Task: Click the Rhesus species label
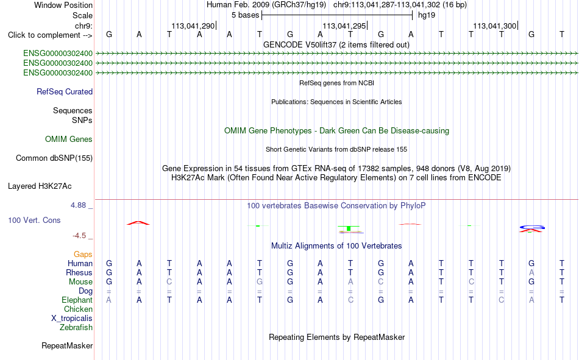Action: pos(79,272)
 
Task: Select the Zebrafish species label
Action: pos(76,327)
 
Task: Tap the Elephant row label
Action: pos(77,300)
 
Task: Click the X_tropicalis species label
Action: pos(72,319)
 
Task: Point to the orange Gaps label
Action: pos(83,254)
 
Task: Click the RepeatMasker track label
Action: pos(67,345)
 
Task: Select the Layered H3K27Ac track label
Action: pos(40,186)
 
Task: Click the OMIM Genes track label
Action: pos(69,139)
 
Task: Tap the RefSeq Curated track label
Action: pos(65,91)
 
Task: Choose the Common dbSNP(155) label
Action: pos(54,158)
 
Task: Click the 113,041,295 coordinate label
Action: pos(344,26)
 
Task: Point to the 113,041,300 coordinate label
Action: pos(495,26)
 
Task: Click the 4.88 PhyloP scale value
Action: pos(78,205)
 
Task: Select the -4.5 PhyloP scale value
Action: pos(79,236)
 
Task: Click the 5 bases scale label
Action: pos(246,15)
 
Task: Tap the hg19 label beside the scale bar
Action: pos(427,15)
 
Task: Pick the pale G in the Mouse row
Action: pos(260,281)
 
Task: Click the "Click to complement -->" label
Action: pos(50,35)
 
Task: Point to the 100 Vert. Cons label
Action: pos(34,220)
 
